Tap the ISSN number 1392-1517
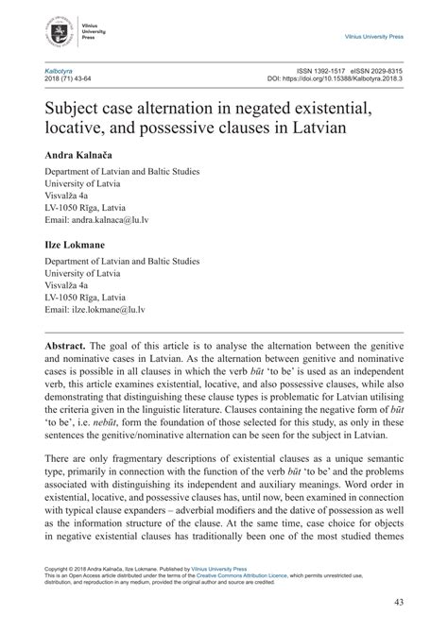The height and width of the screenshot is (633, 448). coord(307,70)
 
